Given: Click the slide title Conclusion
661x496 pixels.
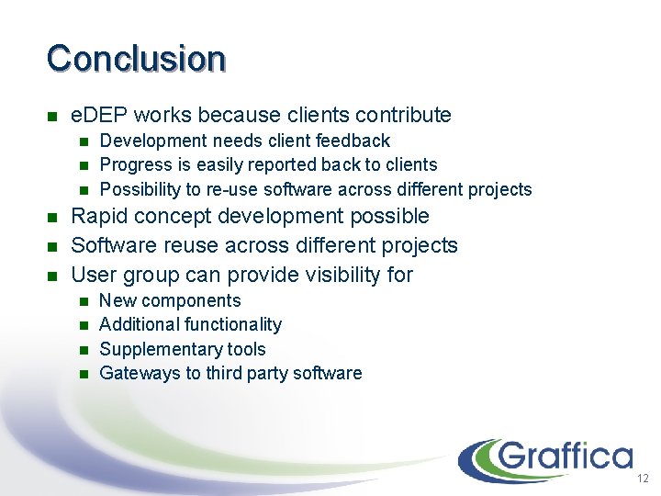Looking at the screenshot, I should pos(136,58).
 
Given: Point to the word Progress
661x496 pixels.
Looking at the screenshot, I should pos(133,165).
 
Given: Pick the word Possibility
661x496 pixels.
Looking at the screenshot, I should pos(140,190).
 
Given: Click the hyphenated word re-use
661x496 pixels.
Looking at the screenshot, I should pos(235,190).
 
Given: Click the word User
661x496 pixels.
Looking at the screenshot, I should pos(94,275).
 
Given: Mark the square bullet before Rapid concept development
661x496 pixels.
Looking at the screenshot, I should pos(52,218).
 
